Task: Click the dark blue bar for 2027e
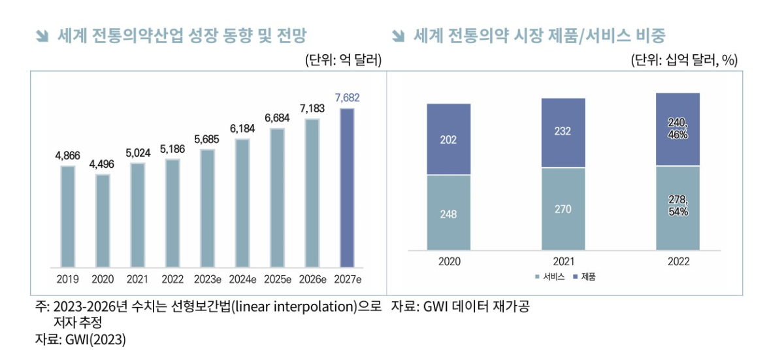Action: coord(347,188)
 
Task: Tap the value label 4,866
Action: coord(68,155)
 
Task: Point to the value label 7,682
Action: coord(347,98)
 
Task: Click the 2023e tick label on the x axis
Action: coord(208,279)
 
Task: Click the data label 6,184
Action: coord(242,129)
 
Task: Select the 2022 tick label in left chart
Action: coord(172,279)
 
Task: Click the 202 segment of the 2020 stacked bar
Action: coord(449,139)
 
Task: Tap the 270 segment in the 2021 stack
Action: coord(563,209)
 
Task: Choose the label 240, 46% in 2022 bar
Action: coord(678,129)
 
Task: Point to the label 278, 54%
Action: coord(678,206)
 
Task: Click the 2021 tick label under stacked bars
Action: coord(563,261)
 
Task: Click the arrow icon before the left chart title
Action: coord(42,36)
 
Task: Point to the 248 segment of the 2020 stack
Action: coord(449,214)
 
